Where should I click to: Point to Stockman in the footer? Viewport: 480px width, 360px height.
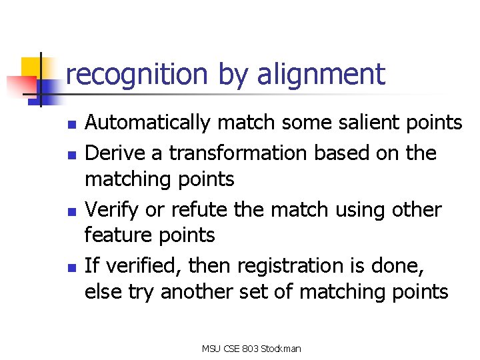[281, 348]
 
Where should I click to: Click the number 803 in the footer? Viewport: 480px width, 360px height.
[249, 348]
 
